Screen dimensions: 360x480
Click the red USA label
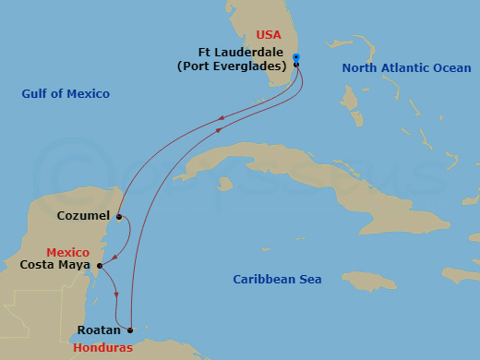pos(268,35)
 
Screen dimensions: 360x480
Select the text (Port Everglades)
pos(232,66)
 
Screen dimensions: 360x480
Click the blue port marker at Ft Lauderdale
pos(296,57)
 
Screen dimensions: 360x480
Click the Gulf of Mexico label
pos(66,94)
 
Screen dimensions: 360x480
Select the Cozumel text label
pos(83,216)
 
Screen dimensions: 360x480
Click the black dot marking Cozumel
pos(119,217)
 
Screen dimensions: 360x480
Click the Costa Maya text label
pos(54,265)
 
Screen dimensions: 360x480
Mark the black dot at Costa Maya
pos(99,266)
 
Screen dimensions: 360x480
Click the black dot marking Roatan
pos(130,330)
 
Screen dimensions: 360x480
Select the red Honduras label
pos(104,347)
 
